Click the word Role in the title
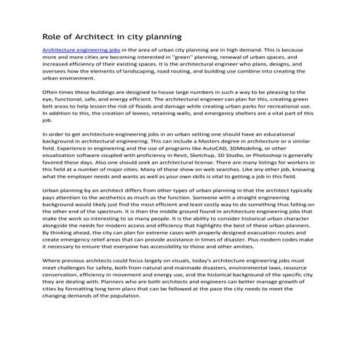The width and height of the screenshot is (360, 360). pos(54,36)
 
